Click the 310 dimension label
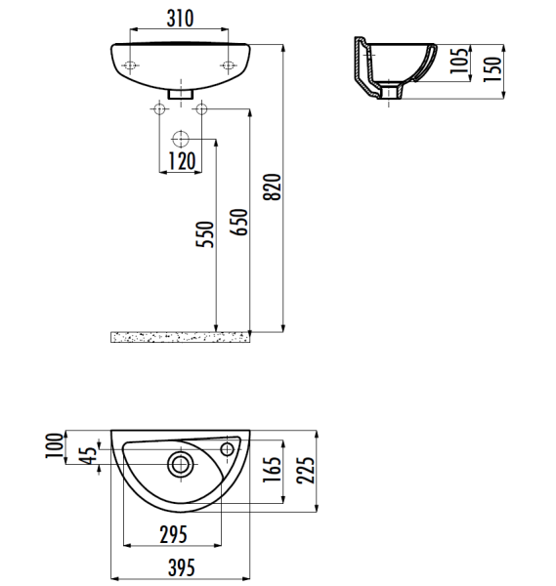(179, 19)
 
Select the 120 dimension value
(181, 161)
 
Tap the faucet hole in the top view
(229, 449)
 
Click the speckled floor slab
(181, 337)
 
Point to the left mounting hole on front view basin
(130, 66)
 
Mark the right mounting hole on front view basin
(229, 66)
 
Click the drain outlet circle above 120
(181, 137)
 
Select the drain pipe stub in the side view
(392, 93)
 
